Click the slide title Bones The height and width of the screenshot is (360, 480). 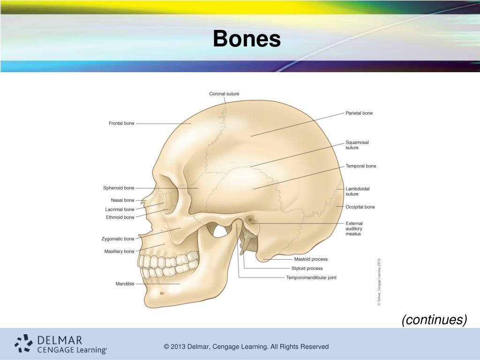[247, 39]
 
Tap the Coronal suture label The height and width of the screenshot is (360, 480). [224, 94]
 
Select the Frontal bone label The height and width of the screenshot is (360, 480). [121, 123]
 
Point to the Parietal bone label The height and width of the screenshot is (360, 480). [359, 113]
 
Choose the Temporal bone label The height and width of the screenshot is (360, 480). [361, 166]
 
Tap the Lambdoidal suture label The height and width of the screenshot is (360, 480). [358, 191]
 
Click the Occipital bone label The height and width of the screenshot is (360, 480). [360, 207]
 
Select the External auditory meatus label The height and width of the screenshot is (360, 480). [354, 229]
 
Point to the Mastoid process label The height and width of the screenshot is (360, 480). [311, 259]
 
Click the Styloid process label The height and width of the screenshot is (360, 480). [307, 269]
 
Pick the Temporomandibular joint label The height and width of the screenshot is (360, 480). [311, 277]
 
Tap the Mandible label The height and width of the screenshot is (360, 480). [125, 284]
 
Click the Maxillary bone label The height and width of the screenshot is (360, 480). [119, 252]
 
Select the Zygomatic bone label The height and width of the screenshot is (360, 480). [118, 239]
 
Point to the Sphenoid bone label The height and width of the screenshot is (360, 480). [119, 188]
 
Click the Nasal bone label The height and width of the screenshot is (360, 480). [122, 200]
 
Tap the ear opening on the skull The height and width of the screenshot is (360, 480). [252, 219]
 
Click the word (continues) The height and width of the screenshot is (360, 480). [434, 320]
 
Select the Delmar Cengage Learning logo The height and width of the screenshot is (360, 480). [61, 344]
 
